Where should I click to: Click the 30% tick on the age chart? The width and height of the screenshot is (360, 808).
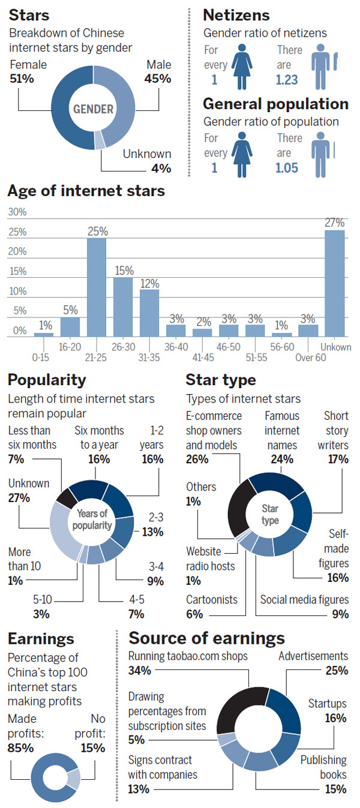pos(17,212)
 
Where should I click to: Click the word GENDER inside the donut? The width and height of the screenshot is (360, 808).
pos(94,109)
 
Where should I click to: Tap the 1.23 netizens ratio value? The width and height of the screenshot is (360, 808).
pos(287,80)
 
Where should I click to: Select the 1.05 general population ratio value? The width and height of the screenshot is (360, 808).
pos(287,168)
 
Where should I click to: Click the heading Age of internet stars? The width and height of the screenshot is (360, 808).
pos(86,191)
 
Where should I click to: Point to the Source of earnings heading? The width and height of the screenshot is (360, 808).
pos(207,638)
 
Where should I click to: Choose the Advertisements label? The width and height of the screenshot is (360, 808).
pos(313,656)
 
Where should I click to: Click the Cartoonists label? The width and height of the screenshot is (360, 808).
pos(211,599)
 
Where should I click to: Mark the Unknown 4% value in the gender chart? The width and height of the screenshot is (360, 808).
pos(161,169)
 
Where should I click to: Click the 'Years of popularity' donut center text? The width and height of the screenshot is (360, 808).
pos(94,519)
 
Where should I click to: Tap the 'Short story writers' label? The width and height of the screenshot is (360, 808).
pos(336,430)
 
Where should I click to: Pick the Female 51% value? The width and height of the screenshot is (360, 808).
pos(21,78)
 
